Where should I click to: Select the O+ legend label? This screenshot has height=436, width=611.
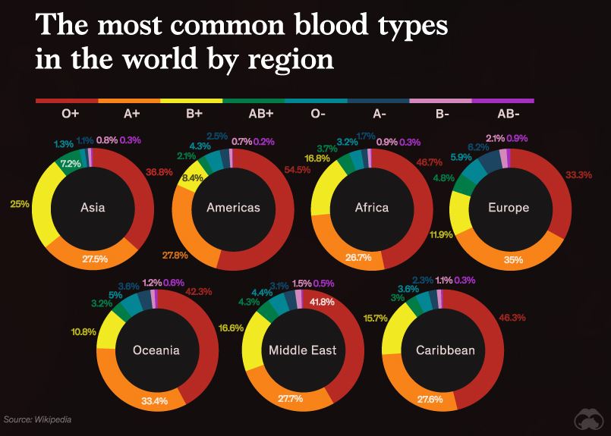point(71,114)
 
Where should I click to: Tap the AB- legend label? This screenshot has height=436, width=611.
point(508,114)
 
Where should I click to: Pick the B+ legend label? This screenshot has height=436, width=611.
point(194,114)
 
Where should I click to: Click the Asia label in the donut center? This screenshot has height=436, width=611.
point(93,207)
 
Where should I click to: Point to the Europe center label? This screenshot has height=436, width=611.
point(508,207)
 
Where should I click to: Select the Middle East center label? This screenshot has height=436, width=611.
point(302,350)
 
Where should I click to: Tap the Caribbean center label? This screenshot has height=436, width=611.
point(445,350)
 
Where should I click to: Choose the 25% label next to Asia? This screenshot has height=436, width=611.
point(18,203)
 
